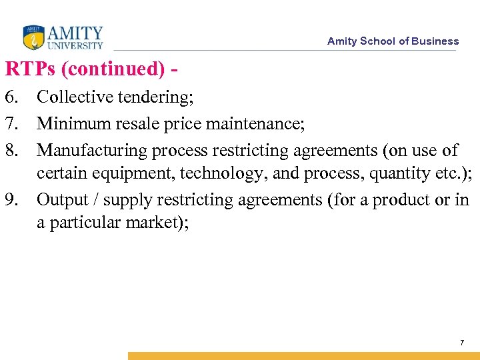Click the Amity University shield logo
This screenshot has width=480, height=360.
pyautogui.click(x=33, y=37)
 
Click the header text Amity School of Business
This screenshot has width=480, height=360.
pyautogui.click(x=393, y=41)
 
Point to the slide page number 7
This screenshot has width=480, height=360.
pyautogui.click(x=461, y=343)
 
